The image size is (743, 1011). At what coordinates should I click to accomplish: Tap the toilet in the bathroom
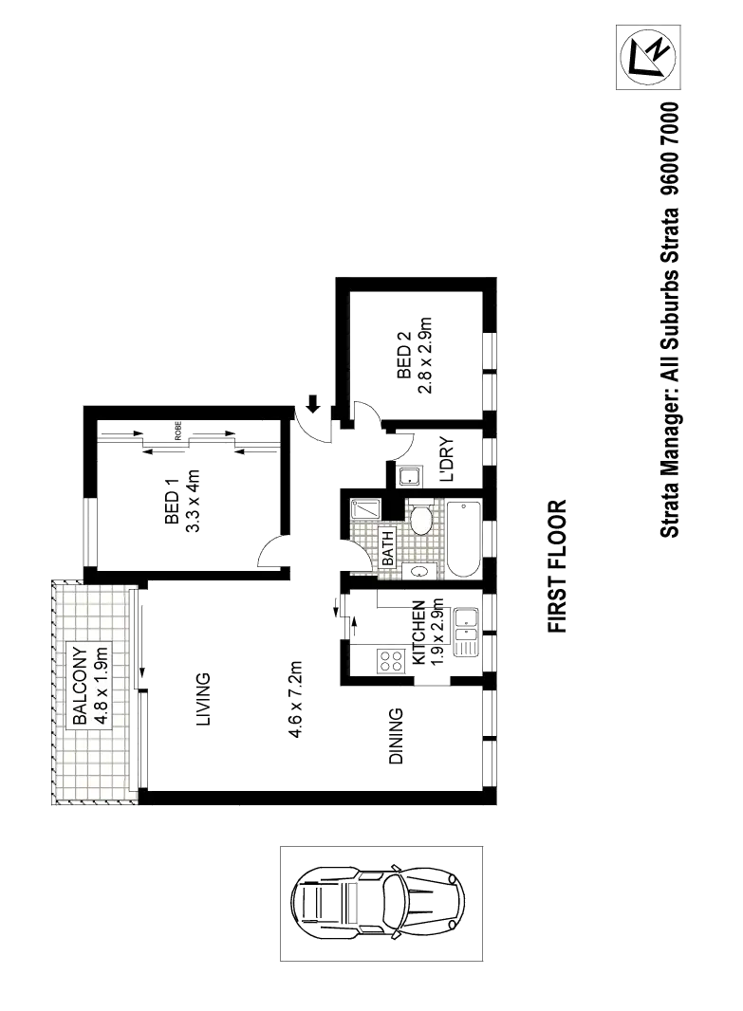[421, 521]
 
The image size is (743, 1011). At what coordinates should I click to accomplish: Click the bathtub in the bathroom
[464, 539]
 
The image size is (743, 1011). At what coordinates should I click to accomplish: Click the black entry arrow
[311, 402]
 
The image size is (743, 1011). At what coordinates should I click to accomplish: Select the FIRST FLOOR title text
[559, 565]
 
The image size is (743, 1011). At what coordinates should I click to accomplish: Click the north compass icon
[648, 56]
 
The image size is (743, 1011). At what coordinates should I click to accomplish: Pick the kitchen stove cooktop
[388, 659]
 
